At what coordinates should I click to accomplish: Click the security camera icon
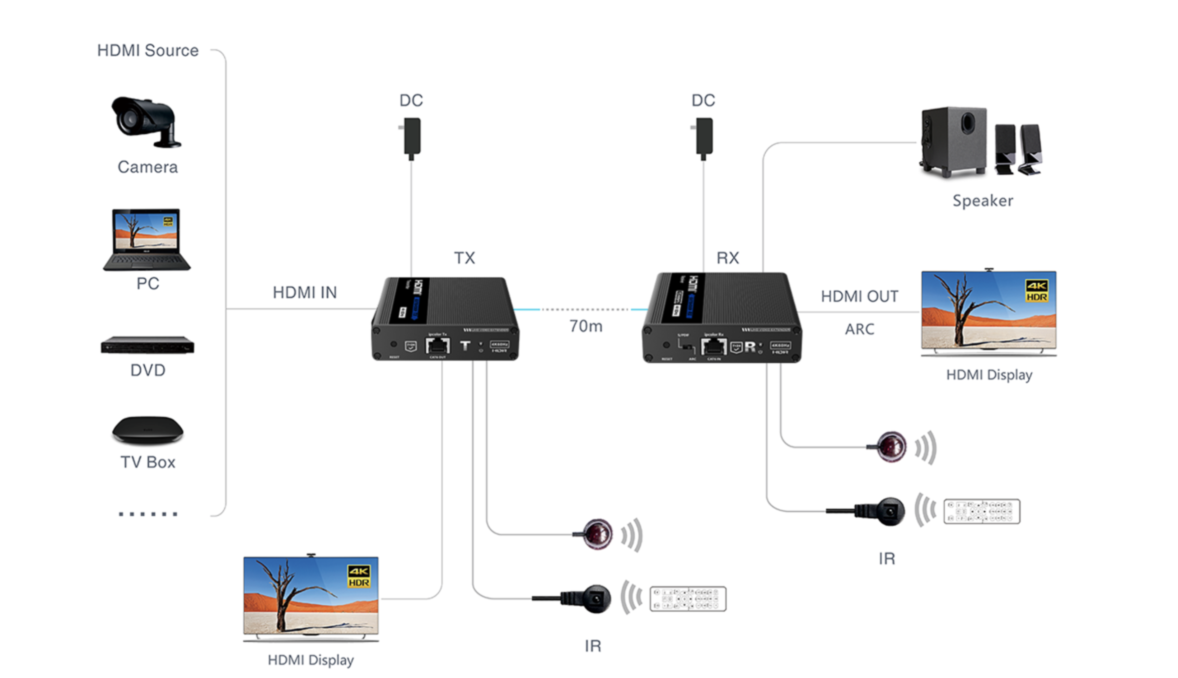146,122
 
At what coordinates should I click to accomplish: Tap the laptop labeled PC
147,240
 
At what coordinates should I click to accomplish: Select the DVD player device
147,345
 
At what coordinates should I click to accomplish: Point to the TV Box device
148,430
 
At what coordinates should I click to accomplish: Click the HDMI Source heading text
148,51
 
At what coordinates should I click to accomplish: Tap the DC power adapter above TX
411,137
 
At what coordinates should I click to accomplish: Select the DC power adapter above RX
703,137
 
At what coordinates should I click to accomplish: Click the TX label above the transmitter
465,258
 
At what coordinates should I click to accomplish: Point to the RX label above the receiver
728,258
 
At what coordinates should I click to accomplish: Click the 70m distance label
586,327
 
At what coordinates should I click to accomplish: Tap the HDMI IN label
305,293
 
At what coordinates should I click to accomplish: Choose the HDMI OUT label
859,297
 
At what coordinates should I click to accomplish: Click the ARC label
859,329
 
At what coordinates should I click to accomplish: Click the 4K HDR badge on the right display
1036,291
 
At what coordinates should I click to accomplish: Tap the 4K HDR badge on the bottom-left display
359,576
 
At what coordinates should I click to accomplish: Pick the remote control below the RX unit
982,511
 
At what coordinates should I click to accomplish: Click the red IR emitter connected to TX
597,534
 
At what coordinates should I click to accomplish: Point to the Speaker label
982,201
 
